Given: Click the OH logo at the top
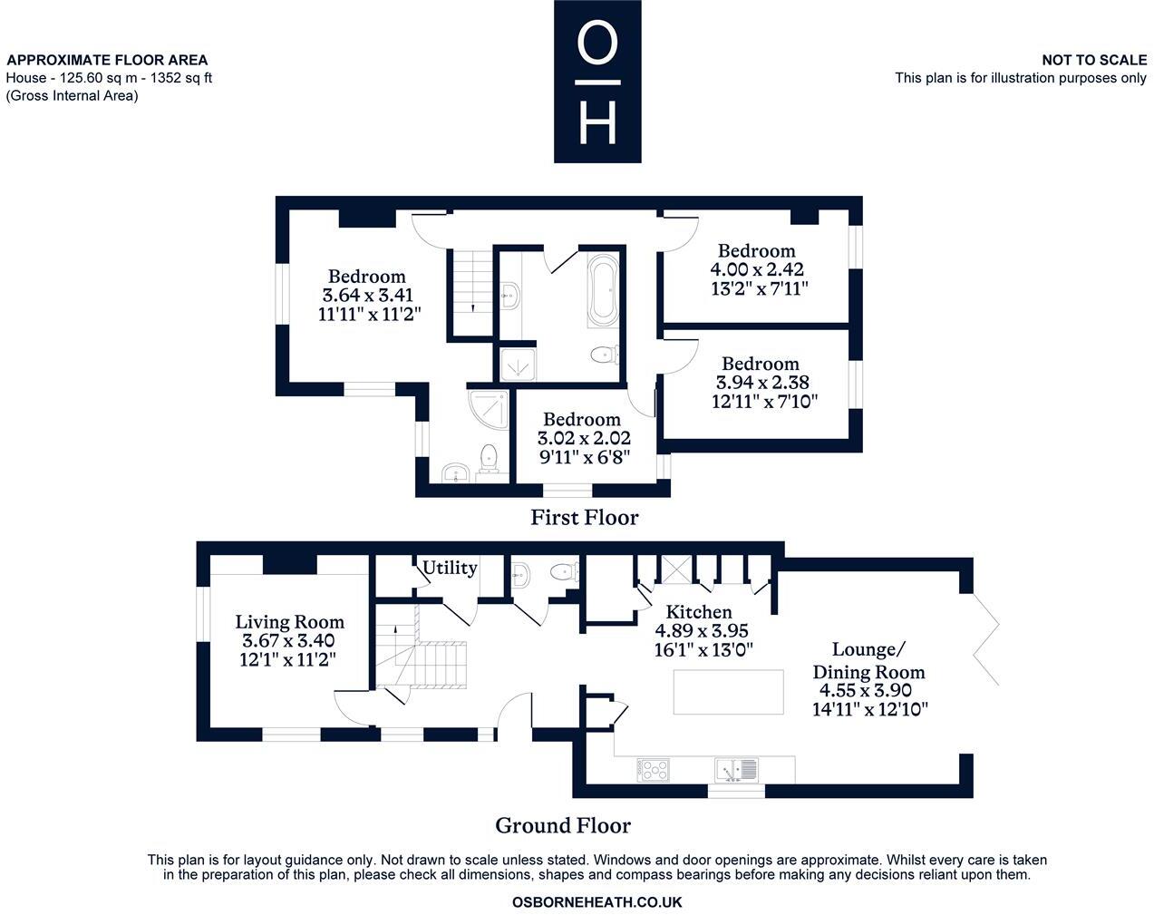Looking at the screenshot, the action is [597, 82].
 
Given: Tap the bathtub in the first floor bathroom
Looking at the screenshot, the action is [603, 291].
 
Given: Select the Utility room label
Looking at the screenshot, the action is [450, 568].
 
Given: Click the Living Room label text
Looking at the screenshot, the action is [289, 621].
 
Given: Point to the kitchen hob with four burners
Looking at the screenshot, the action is [653, 770].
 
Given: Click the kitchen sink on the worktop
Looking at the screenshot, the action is [736, 770].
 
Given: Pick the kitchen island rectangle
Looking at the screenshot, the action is [728, 692].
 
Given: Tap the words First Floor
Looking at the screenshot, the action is [585, 517].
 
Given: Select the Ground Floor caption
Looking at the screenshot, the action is [563, 825].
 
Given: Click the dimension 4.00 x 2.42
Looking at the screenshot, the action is [757, 268].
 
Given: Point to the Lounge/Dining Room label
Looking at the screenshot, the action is [869, 660].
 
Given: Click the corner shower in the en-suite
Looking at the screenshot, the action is [488, 410].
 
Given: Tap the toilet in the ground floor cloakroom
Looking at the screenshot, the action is [565, 571].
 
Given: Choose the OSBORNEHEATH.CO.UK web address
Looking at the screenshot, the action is [596, 902].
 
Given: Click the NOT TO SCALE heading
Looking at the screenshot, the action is [1094, 60].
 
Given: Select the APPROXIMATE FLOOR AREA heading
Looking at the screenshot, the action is [107, 60].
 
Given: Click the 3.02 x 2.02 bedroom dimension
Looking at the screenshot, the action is [584, 438].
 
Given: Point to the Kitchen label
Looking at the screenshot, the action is [699, 612].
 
